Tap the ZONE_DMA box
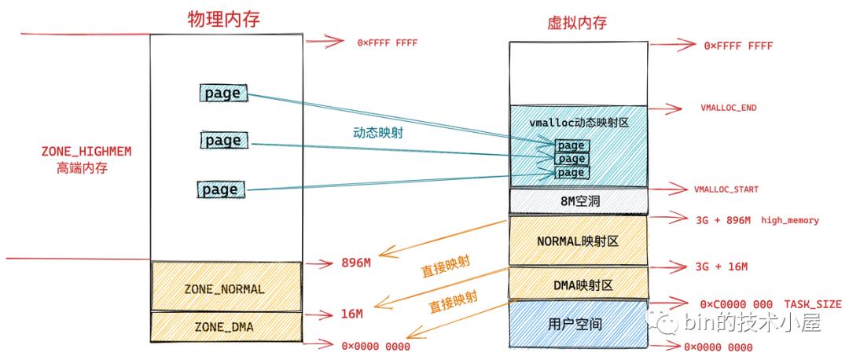coord(225,325)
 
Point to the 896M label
coord(356,263)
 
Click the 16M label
coord(352,314)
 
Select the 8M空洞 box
coord(578,201)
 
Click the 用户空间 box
coord(578,323)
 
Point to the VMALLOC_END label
coord(727,108)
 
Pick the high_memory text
coord(790,221)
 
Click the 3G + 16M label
coord(722,266)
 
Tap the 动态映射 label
coord(377,133)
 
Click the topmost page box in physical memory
coord(222,94)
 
